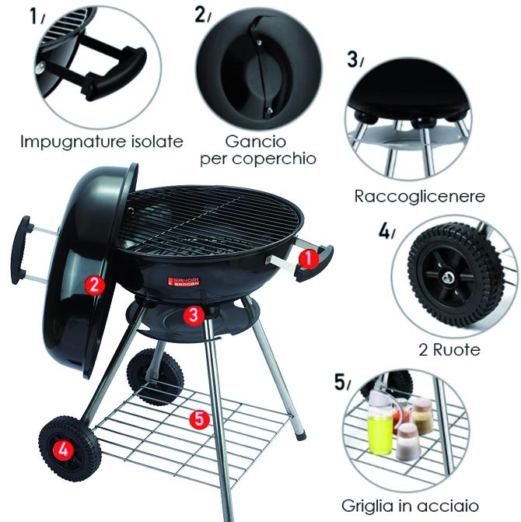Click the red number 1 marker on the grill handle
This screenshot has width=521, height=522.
[309, 259]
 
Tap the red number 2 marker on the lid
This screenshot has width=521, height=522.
[95, 286]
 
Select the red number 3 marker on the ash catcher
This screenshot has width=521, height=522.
[194, 314]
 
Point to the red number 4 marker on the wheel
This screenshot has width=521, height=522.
[63, 450]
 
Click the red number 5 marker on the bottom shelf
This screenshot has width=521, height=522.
[199, 419]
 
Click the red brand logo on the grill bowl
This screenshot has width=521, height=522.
[184, 282]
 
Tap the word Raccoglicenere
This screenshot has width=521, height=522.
[420, 196]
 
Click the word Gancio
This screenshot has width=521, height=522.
[256, 142]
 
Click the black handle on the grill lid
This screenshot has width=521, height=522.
[21, 250]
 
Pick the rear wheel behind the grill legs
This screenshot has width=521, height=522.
[155, 376]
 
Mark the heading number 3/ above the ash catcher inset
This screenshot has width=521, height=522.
[355, 60]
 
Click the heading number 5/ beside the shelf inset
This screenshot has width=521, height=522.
[342, 382]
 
